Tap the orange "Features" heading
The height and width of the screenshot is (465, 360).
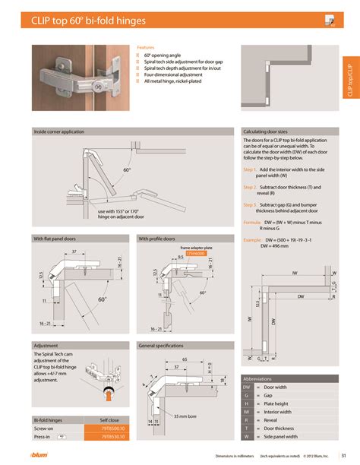point(146,47)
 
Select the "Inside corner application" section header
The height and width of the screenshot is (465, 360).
point(59,131)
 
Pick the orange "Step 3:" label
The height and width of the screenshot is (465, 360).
point(251,204)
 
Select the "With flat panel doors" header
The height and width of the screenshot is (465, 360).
point(55,239)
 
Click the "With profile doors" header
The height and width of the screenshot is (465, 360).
point(159,239)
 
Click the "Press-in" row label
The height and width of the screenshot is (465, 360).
point(44,436)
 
